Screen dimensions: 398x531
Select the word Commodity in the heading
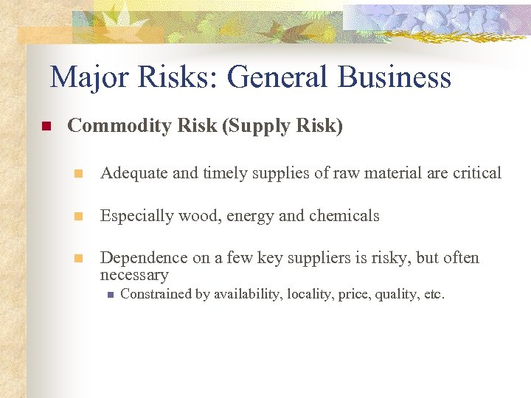pyautogui.click(x=119, y=127)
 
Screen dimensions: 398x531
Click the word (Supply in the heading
pyautogui.click(x=256, y=127)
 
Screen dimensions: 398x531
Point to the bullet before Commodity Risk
pyautogui.click(x=44, y=127)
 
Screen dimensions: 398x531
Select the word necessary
pyautogui.click(x=134, y=275)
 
